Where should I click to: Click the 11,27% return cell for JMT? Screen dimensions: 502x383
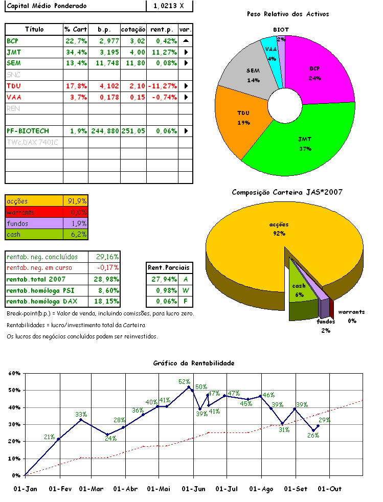(163, 52)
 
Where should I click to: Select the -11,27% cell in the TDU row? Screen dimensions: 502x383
(163, 85)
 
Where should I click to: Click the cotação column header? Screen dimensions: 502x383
(133, 29)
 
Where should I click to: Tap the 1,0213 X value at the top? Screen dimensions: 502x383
(169, 6)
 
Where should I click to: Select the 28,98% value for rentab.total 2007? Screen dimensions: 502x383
(107, 279)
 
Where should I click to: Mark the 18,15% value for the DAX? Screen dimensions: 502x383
(107, 302)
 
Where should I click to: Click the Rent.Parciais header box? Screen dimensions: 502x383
(168, 267)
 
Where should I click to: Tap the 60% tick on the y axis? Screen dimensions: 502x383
(14, 373)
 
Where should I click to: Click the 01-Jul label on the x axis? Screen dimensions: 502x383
(227, 489)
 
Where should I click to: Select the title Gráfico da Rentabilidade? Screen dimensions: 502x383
(194, 363)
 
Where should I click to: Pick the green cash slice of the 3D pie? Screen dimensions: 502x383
(300, 286)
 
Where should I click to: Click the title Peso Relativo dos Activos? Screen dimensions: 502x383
(288, 14)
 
